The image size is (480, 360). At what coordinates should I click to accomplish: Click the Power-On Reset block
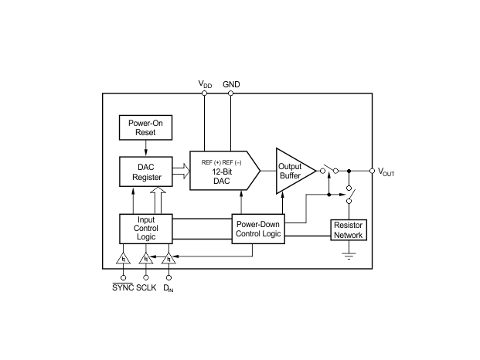[x=145, y=127]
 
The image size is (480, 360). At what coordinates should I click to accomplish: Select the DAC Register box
[x=146, y=172]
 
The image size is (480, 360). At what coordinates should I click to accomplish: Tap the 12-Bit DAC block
[x=225, y=171]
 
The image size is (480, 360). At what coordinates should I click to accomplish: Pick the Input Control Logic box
[x=146, y=229]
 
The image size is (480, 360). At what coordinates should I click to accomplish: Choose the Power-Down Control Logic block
[x=258, y=229]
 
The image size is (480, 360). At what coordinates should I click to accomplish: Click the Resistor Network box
[x=349, y=230]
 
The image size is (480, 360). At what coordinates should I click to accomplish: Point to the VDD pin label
[x=205, y=83]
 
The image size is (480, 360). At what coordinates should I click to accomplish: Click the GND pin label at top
[x=231, y=84]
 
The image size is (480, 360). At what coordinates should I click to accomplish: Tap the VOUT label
[x=386, y=172]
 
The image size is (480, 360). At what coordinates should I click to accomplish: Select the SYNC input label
[x=123, y=287]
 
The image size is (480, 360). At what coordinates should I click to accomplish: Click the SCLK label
[x=146, y=288]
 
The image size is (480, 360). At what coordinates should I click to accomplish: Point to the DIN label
[x=169, y=288]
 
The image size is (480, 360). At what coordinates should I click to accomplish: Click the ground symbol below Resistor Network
[x=349, y=256]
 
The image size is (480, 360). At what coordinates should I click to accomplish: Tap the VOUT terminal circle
[x=373, y=171]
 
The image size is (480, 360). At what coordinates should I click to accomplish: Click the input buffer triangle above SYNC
[x=123, y=259]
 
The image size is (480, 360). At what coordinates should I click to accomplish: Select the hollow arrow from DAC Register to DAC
[x=181, y=171]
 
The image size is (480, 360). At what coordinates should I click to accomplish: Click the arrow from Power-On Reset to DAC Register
[x=146, y=148]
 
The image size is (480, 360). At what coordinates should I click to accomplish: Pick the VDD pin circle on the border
[x=205, y=93]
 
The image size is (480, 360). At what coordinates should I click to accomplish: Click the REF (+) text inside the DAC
[x=211, y=162]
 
